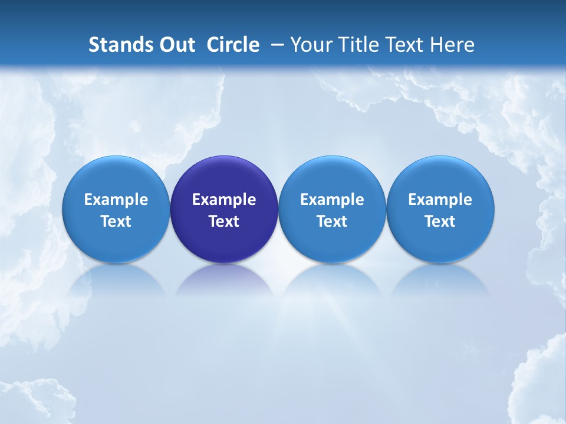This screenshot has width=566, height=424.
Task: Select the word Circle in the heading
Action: [x=233, y=45]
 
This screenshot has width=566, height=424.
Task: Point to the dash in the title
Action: [x=275, y=45]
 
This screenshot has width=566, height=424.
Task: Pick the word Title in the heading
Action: [x=354, y=45]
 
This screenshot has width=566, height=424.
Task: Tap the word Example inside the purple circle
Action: [x=224, y=200]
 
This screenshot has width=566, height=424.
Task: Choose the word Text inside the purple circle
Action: [x=224, y=221]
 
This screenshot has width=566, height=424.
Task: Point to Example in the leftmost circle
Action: [x=116, y=200]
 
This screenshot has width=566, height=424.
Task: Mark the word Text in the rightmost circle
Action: [x=440, y=221]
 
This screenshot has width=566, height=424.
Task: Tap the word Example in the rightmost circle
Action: [x=440, y=200]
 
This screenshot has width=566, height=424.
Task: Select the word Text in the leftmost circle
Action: [x=116, y=221]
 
